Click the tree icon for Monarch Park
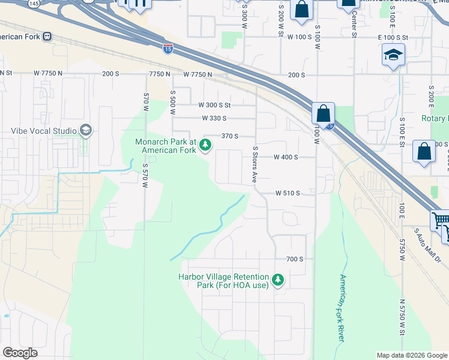(x=205, y=145)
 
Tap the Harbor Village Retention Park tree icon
(x=277, y=280)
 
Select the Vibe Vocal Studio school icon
(x=86, y=131)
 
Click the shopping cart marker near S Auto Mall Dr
(x=440, y=221)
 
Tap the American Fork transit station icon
(x=47, y=36)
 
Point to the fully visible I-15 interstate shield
(x=169, y=49)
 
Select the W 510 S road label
(x=288, y=193)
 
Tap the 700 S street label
(x=295, y=259)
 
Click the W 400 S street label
(x=286, y=157)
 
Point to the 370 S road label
(x=230, y=136)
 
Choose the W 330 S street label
(x=214, y=118)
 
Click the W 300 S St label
(x=214, y=105)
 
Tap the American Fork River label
(x=342, y=308)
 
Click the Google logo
(x=20, y=353)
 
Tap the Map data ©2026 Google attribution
(x=411, y=355)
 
